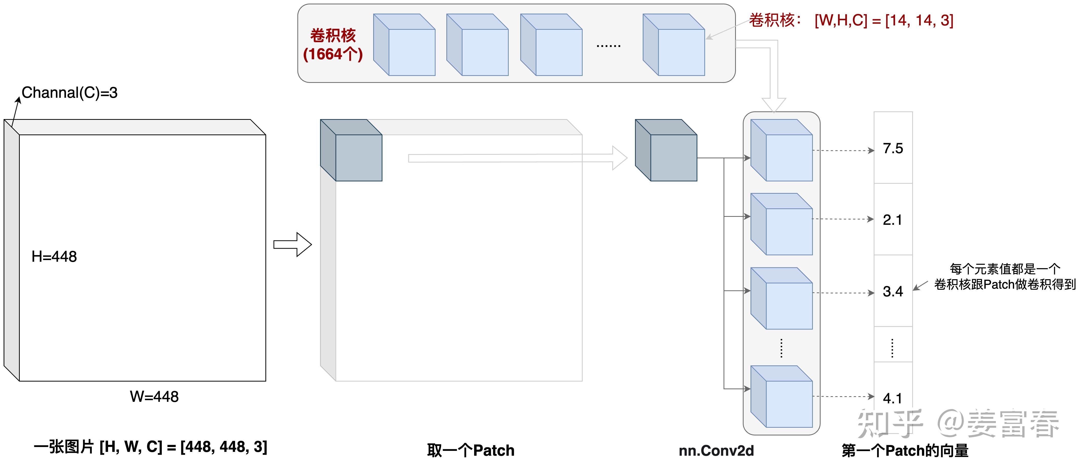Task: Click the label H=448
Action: [x=54, y=257]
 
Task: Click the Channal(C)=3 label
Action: [x=70, y=92]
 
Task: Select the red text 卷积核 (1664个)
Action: [x=333, y=45]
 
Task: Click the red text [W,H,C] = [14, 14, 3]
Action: [x=884, y=20]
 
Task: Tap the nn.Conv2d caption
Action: [x=716, y=451]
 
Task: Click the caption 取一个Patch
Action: [x=470, y=451]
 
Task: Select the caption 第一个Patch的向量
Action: [x=905, y=451]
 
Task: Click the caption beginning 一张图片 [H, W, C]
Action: [x=150, y=447]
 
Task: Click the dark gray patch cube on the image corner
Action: [x=351, y=151]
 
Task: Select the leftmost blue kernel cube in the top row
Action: [x=404, y=45]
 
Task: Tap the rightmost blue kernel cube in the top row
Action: [x=674, y=45]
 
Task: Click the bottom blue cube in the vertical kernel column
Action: [x=782, y=397]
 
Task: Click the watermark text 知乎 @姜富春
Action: [x=958, y=423]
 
